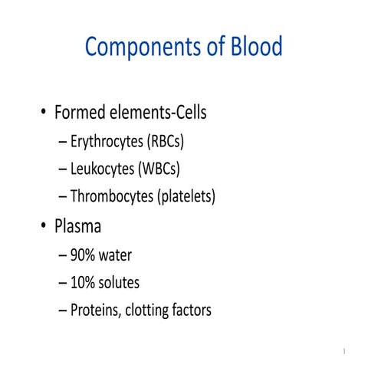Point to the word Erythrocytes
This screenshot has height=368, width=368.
tap(110, 142)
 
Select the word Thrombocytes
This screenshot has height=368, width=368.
tap(112, 196)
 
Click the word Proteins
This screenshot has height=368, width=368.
tap(97, 310)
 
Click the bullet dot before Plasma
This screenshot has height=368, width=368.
tap(44, 228)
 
